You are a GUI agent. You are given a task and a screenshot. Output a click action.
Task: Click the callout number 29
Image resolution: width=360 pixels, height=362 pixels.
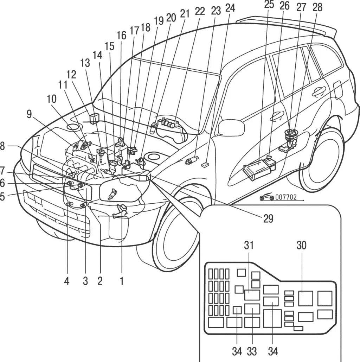(268, 218)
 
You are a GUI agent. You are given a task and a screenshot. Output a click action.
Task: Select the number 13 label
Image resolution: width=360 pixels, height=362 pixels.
(85, 63)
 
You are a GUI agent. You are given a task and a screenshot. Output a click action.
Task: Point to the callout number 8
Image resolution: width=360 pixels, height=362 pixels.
(2, 146)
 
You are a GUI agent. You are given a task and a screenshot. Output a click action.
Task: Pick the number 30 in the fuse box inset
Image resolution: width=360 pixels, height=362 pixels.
(301, 246)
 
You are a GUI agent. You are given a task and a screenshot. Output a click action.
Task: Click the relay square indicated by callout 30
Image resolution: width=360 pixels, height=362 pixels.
(306, 298)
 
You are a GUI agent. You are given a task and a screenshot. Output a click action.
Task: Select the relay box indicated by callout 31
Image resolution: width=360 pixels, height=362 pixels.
(252, 295)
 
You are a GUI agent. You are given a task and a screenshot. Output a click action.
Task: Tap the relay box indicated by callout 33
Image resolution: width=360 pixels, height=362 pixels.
(252, 309)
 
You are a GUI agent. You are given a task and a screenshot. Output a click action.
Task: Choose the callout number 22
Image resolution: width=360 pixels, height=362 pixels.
(200, 11)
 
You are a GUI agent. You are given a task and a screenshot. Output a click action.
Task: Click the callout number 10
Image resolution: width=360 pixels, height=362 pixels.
(51, 99)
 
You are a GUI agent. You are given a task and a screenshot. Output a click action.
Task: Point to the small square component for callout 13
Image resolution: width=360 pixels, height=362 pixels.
(94, 118)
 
